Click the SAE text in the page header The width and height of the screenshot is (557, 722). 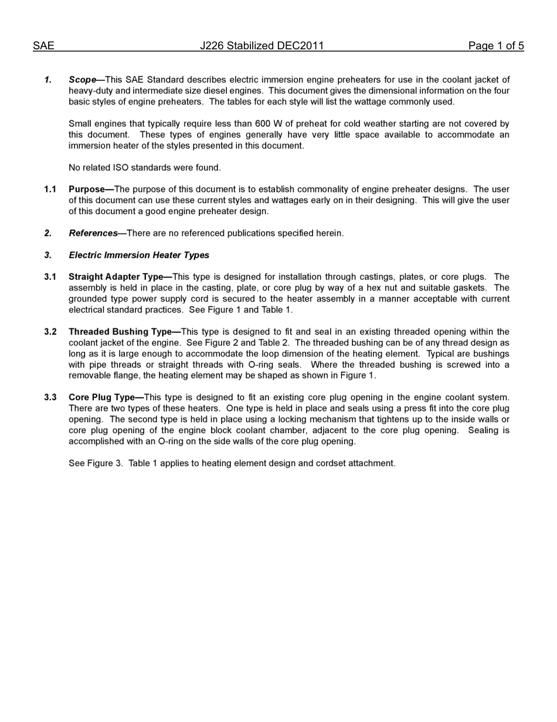click(43, 46)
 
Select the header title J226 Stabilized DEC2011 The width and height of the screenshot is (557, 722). click(261, 46)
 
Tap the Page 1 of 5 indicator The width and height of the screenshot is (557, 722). click(495, 46)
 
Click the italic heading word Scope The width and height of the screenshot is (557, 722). click(82, 80)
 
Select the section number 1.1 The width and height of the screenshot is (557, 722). click(50, 190)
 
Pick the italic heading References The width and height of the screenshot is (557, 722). click(93, 234)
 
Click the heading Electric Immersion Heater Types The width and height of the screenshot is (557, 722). click(139, 255)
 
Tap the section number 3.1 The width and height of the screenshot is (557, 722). click(50, 277)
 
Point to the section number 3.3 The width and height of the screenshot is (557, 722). click(50, 397)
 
